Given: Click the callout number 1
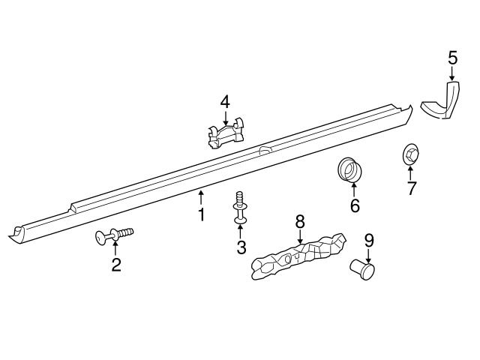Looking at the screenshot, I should [201, 214].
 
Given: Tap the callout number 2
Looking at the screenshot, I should [116, 265].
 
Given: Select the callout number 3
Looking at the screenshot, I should [241, 247].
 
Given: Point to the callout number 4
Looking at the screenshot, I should [225, 101].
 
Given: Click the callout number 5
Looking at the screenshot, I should [452, 57].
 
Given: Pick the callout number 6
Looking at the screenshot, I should [355, 205].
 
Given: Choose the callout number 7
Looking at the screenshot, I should [411, 187].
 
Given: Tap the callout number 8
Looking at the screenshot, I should [300, 221].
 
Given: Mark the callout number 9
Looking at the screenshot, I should [368, 241].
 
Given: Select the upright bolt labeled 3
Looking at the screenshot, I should [239, 207].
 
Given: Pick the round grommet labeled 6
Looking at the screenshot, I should [349, 169].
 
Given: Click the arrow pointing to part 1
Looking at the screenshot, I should [201, 198].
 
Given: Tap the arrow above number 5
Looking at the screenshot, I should [452, 73].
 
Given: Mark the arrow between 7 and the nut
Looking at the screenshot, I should [410, 172].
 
